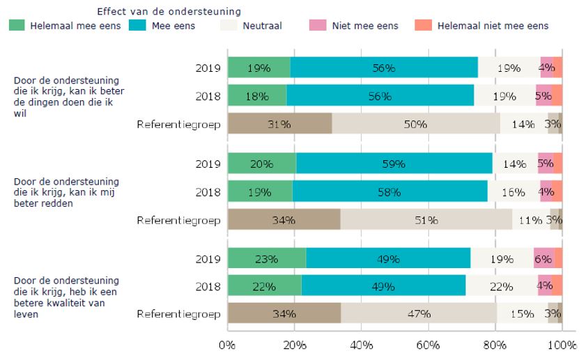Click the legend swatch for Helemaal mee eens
coord(17,26)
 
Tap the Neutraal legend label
coord(262,26)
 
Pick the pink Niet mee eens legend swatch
coord(318,26)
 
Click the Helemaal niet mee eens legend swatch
coord(423,26)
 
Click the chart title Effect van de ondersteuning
coord(169,11)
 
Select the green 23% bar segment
coord(267,258)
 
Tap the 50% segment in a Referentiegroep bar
coord(416,124)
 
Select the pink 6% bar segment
coord(544,258)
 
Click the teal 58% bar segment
coord(389,191)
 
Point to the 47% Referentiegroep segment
coord(419,313)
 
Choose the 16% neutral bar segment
coord(513,191)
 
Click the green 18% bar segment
coord(257,96)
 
